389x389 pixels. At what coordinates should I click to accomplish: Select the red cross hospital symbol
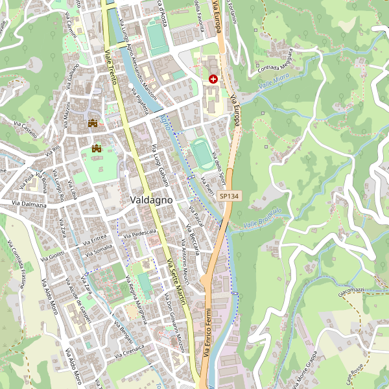pos(213,78)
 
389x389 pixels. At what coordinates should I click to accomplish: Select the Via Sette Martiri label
pos(174,278)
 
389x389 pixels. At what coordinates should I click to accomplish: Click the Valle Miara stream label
pos(273,83)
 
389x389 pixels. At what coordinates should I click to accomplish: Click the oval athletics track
pos(201,153)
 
